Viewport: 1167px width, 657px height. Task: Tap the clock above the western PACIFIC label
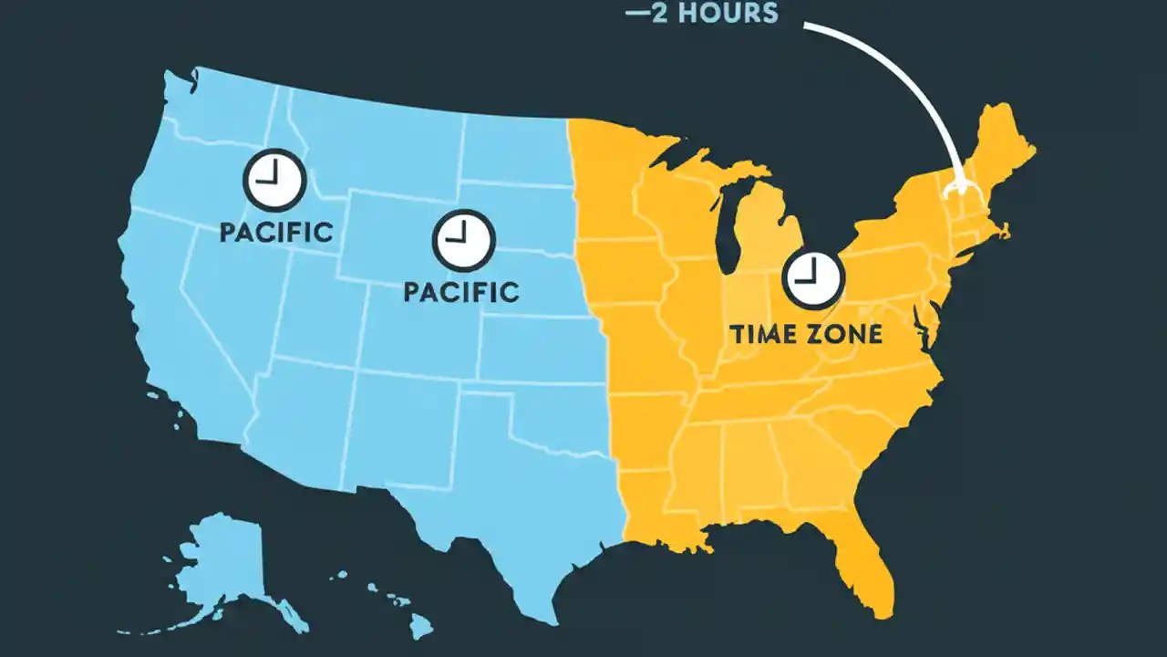(274, 179)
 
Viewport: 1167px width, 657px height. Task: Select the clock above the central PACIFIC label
(463, 240)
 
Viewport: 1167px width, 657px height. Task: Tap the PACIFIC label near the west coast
(275, 231)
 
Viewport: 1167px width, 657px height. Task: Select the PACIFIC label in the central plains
(460, 292)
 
